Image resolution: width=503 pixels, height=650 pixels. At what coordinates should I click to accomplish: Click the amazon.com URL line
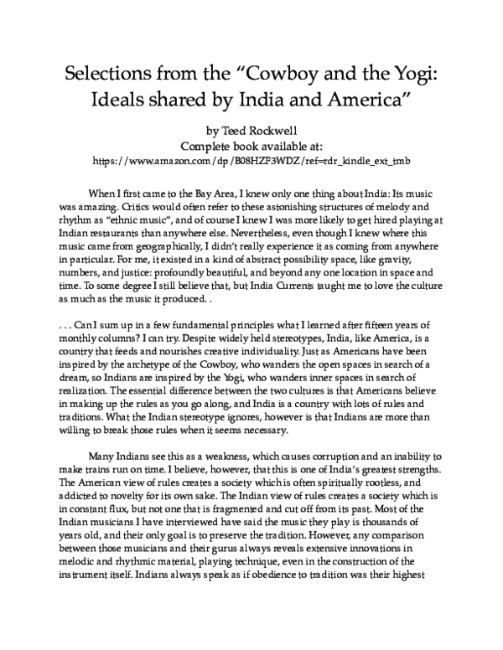pos(251,159)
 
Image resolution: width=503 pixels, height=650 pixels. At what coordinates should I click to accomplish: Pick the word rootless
pos(363,486)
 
